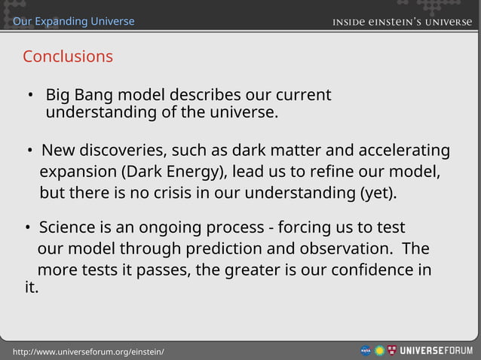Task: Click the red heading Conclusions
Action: (68, 56)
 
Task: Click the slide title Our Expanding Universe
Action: (74, 21)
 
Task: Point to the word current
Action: (302, 96)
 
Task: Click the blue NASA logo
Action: (365, 351)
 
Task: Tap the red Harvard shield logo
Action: (391, 351)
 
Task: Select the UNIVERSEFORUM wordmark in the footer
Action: (436, 351)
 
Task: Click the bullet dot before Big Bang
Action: (31, 96)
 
